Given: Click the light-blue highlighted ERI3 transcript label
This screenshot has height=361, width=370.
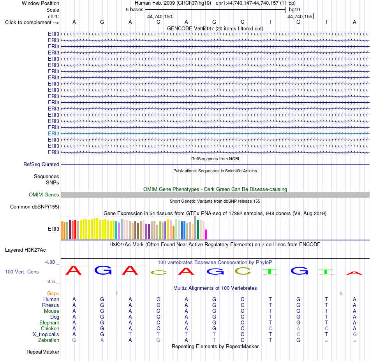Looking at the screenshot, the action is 53,133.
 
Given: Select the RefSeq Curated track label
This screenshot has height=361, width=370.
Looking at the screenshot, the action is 41,164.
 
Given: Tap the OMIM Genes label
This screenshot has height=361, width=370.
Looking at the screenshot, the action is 44,195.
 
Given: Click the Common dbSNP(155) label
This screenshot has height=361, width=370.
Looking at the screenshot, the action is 35,207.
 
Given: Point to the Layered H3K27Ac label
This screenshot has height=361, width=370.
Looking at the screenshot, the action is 25,250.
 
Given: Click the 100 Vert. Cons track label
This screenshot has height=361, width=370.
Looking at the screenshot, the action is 22,272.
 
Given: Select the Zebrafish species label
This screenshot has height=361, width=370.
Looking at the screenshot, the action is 49,340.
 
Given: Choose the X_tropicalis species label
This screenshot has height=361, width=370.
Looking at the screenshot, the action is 46,335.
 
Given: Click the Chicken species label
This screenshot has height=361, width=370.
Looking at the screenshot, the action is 50,328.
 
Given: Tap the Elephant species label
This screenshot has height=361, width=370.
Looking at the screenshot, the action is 49,322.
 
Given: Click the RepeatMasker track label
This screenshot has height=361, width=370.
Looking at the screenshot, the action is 43,352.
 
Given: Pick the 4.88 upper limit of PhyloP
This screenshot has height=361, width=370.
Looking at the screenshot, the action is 50,262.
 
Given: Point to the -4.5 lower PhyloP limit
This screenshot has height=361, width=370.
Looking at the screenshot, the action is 51,282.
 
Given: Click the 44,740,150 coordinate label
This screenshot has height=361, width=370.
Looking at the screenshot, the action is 160,16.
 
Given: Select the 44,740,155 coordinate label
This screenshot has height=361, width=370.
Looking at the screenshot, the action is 300,16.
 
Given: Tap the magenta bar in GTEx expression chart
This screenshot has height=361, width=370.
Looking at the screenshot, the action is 206,235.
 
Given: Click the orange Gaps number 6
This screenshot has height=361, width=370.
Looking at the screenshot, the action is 341,294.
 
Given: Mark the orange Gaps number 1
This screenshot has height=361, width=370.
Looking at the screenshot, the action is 116,294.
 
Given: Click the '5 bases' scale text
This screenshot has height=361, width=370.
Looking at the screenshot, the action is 134,10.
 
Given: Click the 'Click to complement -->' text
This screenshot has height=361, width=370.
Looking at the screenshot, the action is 32,23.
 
